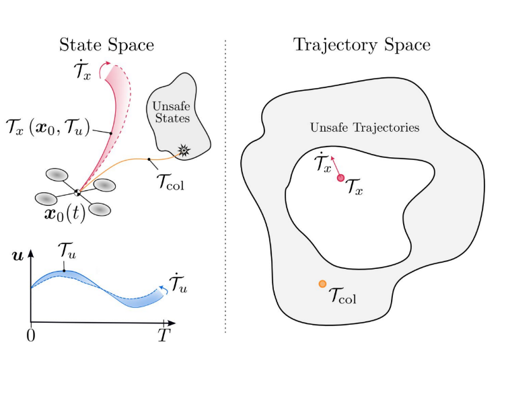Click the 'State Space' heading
click(106, 45)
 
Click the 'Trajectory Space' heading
click(362, 46)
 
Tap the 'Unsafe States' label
click(172, 112)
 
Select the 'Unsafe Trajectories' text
click(365, 127)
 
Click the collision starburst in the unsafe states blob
click(184, 150)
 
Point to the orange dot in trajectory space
click(322, 284)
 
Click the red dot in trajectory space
click(340, 177)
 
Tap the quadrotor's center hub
click(77, 192)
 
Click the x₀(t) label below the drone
click(65, 214)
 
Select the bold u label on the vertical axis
click(18, 256)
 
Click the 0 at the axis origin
click(31, 336)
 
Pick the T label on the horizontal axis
click(164, 335)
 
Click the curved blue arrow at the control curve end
click(164, 289)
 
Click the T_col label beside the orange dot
click(342, 296)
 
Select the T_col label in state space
click(170, 182)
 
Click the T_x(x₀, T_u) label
click(48, 127)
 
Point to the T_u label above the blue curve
click(67, 251)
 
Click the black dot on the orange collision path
click(149, 159)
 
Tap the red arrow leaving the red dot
click(335, 165)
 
